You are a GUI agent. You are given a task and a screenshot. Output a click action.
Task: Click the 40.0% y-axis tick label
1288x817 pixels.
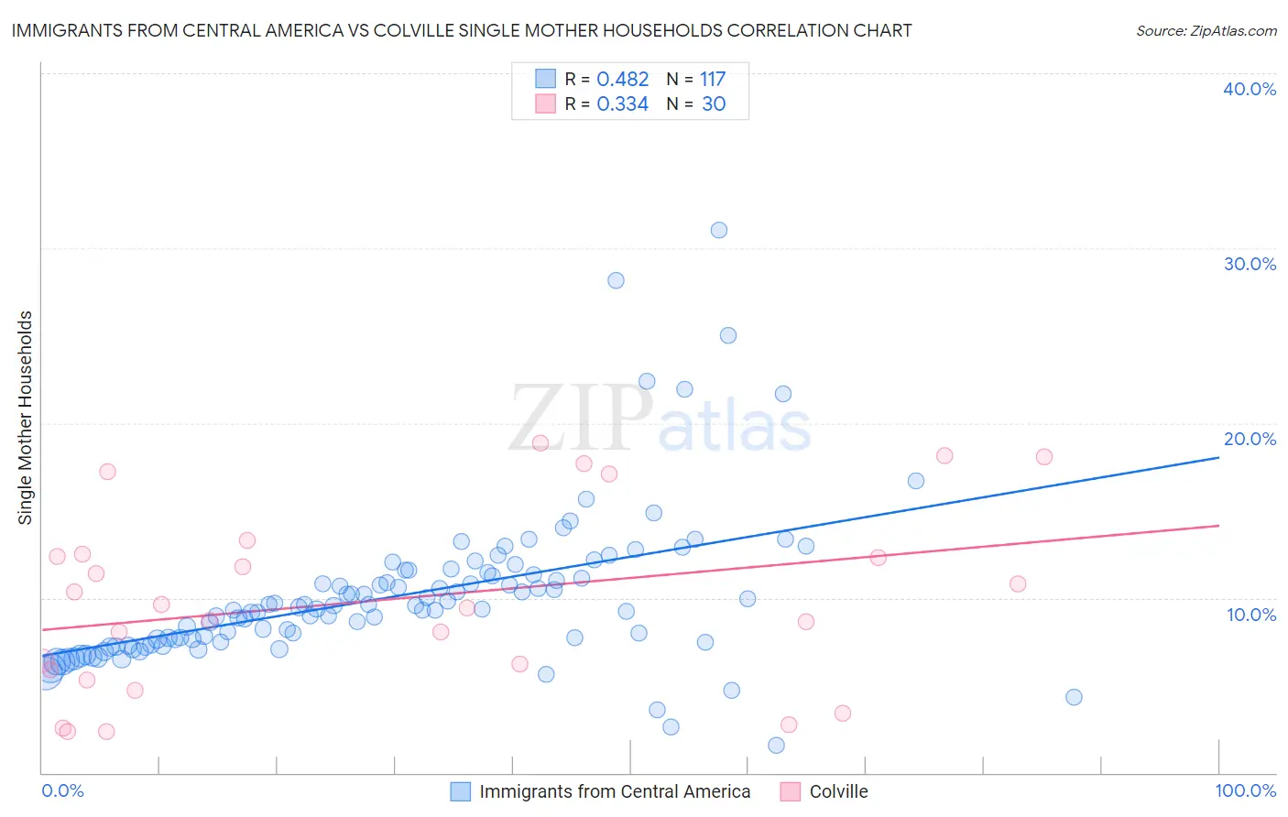pos(1250,89)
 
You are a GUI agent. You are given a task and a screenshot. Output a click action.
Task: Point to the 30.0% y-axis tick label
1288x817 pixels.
pos(1250,264)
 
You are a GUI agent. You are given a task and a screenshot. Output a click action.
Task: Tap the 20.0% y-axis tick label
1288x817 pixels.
pos(1250,439)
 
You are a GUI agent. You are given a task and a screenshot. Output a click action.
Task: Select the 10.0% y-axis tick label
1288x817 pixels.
pos(1251,615)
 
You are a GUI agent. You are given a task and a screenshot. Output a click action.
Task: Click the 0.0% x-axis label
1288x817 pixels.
pos(62,790)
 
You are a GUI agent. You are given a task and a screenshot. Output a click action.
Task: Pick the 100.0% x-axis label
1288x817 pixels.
pos(1246,790)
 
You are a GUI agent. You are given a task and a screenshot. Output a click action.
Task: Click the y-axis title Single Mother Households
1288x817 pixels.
pos(26,418)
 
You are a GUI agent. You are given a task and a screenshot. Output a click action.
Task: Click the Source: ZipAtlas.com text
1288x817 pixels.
pos(1206,31)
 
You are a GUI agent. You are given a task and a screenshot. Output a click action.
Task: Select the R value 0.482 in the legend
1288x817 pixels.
pos(622,80)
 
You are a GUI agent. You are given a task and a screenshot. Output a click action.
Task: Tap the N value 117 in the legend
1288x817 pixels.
pos(713,80)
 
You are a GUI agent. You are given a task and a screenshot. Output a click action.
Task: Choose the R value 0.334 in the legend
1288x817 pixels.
pos(622,104)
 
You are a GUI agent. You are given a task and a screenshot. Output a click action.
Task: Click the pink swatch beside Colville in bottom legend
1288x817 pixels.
pos(790,791)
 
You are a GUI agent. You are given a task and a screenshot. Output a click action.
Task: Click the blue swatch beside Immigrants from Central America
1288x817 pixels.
pos(460,791)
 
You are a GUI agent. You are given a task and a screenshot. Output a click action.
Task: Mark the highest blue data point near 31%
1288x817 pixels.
pos(719,230)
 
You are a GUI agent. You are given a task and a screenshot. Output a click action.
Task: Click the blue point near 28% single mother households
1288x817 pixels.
pos(616,280)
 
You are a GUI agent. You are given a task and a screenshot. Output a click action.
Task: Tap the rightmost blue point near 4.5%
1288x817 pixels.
pos(1074,697)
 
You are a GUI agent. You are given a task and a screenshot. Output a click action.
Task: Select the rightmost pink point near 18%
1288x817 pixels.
pos(1043,457)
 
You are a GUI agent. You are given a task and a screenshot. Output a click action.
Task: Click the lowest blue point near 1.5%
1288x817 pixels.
pos(776,746)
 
